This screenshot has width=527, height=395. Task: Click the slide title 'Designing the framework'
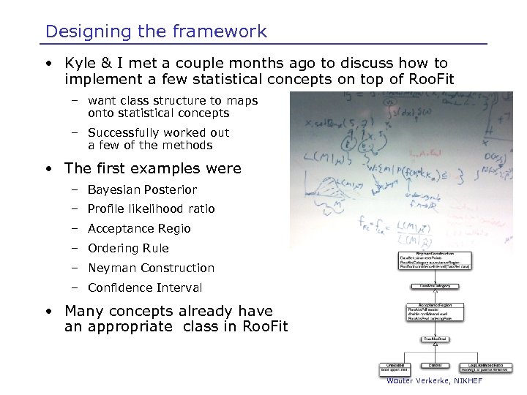(156, 31)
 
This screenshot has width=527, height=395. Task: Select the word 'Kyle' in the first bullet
(80, 64)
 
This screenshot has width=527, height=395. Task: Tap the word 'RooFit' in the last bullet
(263, 327)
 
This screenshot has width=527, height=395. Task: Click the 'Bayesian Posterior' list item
(142, 189)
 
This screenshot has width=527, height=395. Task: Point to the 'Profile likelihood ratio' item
(151, 209)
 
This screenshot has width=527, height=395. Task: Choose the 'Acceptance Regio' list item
(139, 229)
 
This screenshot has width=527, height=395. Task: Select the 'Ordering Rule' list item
(128, 249)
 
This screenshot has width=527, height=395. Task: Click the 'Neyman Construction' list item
(151, 268)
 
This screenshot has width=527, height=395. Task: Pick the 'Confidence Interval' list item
(145, 288)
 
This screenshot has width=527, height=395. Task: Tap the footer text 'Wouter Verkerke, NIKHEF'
(435, 381)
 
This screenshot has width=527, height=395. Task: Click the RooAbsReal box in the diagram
(435, 339)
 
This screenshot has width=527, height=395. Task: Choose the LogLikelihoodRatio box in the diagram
(480, 367)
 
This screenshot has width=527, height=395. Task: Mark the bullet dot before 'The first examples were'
(47, 169)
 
